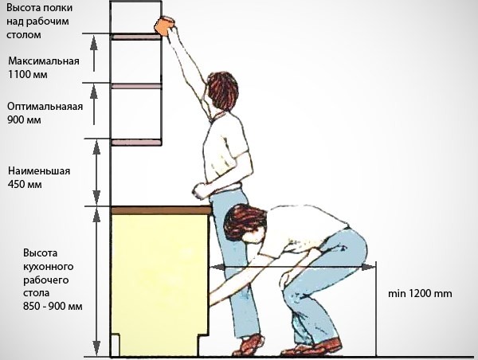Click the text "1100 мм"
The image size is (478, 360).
pos(28,75)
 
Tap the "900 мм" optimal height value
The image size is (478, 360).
pos(24,119)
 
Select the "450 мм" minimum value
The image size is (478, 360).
pos(25,185)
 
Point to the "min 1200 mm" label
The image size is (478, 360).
pos(420,294)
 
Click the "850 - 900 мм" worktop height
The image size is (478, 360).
pos(53,306)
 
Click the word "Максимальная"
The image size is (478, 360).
pos(44,61)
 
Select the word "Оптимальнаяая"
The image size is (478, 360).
pos(45,107)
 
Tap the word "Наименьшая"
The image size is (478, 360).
pos(39,170)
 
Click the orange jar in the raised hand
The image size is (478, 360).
pos(164,25)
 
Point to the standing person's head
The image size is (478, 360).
pos(222,90)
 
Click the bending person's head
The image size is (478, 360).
pos(244,224)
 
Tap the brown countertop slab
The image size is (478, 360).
pos(161,210)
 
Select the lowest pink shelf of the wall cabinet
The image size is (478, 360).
pos(136,143)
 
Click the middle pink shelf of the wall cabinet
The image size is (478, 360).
pos(136,86)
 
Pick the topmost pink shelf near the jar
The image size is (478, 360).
pos(136,37)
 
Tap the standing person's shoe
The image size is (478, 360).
pos(249,345)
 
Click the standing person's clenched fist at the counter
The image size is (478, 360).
pos(201,191)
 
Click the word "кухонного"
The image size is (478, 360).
pos(49,267)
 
